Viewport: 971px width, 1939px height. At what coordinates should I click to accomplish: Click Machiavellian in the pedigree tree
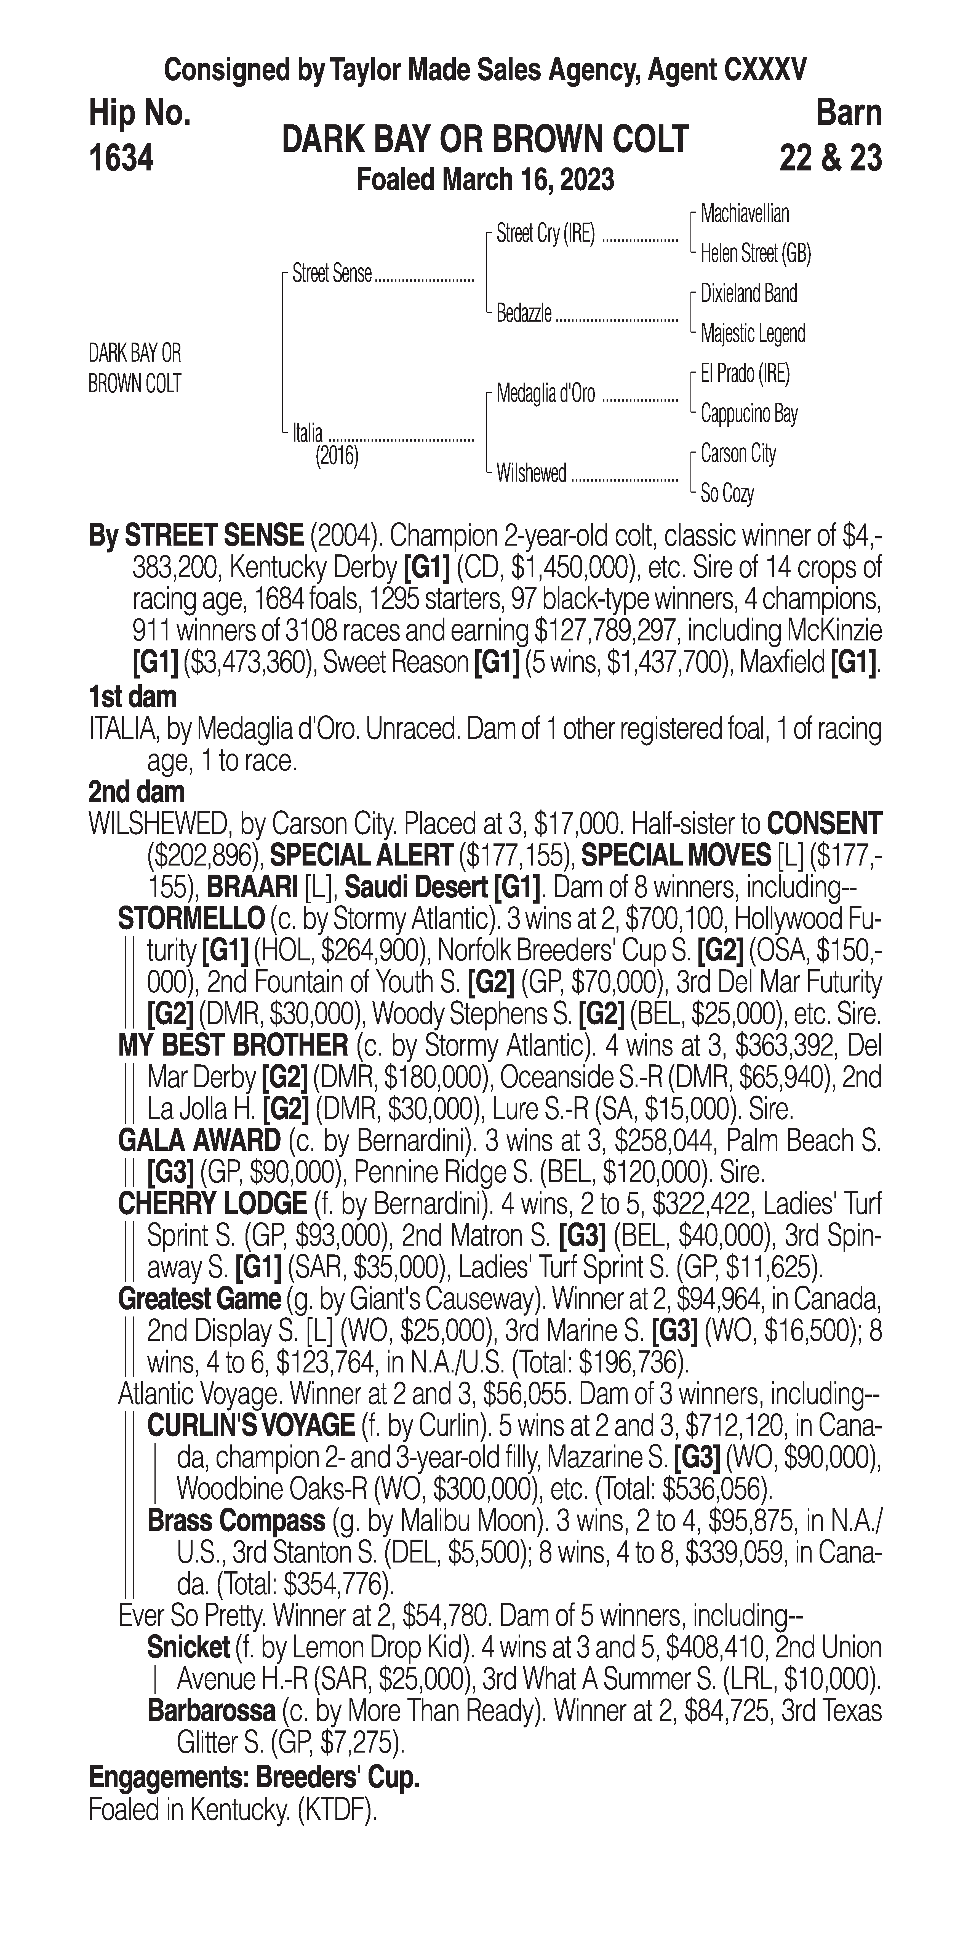[745, 214]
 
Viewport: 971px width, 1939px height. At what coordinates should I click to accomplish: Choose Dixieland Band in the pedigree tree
[748, 293]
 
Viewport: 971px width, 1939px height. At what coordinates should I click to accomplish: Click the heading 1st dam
[132, 697]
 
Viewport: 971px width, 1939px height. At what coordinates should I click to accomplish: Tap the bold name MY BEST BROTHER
[233, 1046]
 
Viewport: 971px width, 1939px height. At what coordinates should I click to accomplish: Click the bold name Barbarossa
[211, 1711]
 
